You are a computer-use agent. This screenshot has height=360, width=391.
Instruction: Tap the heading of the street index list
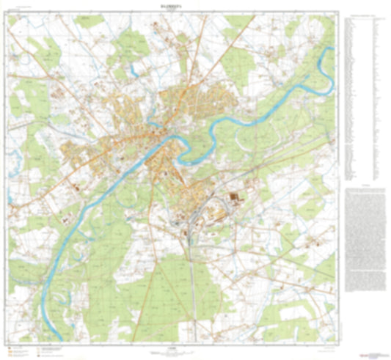click(x=364, y=15)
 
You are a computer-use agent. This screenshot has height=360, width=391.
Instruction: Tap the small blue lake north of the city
click(x=133, y=72)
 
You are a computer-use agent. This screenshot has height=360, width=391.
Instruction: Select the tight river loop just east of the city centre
click(x=192, y=150)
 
